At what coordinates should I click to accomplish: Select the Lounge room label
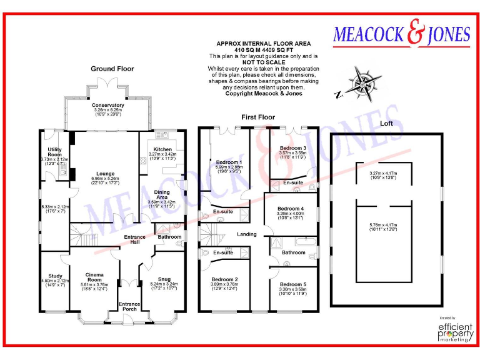pyautogui.click(x=104, y=174)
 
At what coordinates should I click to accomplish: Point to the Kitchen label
pyautogui.click(x=162, y=149)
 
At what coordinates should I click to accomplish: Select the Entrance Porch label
pyautogui.click(x=129, y=306)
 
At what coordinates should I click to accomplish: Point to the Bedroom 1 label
pyautogui.click(x=224, y=162)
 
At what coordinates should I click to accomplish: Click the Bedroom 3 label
pyautogui.click(x=292, y=147)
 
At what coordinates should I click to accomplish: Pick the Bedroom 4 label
pyautogui.click(x=291, y=208)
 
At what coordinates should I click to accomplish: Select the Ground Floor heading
pyautogui.click(x=112, y=69)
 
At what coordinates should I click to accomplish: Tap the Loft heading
pyautogui.click(x=387, y=124)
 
